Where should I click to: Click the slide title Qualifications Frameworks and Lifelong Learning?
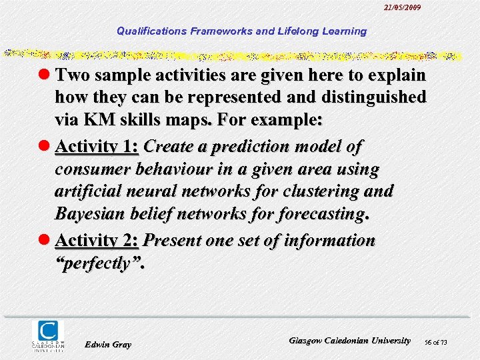pos(241,31)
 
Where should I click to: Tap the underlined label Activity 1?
pos(97,146)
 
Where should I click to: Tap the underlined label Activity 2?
pos(97,240)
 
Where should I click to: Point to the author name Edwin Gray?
pos(109,344)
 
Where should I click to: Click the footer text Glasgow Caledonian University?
pos(349,341)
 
